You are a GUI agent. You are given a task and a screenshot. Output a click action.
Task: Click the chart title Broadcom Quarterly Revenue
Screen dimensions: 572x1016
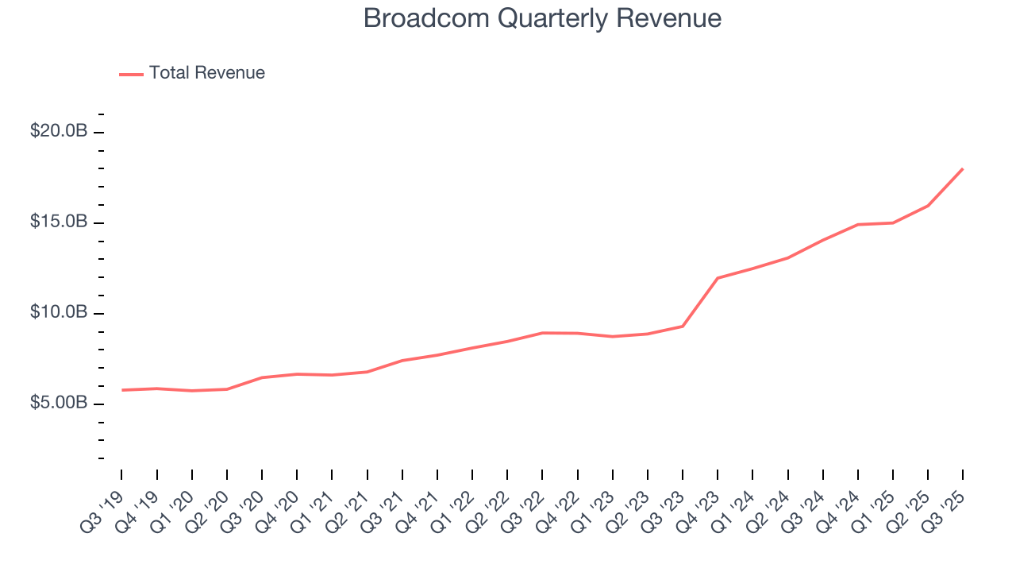(542, 18)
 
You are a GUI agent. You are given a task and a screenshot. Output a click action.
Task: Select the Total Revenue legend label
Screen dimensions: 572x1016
(206, 73)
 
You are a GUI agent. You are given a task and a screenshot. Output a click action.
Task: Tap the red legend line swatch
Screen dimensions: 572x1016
(131, 74)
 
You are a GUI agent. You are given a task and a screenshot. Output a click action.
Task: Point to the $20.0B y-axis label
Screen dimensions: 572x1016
(58, 131)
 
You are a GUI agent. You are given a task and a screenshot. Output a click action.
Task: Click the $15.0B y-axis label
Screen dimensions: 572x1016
(58, 222)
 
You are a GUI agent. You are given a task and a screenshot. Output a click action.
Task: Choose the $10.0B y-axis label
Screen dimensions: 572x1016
(58, 312)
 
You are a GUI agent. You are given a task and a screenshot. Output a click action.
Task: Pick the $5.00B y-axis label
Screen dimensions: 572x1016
(58, 403)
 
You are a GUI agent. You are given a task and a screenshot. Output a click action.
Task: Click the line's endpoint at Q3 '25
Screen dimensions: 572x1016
(963, 168)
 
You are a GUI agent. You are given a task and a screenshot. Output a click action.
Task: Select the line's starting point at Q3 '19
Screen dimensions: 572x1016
(121, 390)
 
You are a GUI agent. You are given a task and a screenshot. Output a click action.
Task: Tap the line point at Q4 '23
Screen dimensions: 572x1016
(718, 278)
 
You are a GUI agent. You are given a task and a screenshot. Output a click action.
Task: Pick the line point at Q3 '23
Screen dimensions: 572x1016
(683, 326)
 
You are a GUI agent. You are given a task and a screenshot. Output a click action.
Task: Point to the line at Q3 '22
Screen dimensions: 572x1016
(542, 333)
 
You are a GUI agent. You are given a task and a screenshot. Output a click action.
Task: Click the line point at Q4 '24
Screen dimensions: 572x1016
(858, 224)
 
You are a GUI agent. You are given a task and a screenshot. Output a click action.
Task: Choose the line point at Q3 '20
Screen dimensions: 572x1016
(262, 377)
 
